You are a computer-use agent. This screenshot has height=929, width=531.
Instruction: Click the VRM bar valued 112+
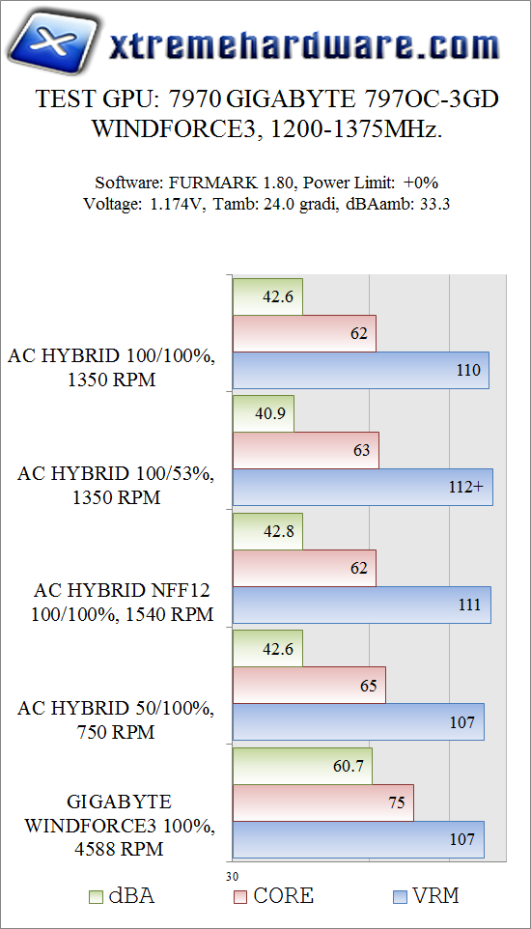click(363, 487)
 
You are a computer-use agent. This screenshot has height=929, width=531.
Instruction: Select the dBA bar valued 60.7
click(302, 766)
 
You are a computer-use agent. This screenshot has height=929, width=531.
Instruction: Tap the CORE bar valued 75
click(323, 802)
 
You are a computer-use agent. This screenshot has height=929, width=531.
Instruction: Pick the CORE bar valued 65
click(309, 685)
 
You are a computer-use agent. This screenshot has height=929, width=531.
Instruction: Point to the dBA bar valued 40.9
click(264, 412)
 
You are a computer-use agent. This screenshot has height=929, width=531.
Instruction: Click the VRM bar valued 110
click(361, 370)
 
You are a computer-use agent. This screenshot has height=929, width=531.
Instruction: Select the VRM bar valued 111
click(362, 604)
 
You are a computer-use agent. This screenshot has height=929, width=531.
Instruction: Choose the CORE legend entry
click(274, 896)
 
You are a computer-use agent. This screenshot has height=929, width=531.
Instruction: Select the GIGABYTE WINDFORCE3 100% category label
click(120, 826)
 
